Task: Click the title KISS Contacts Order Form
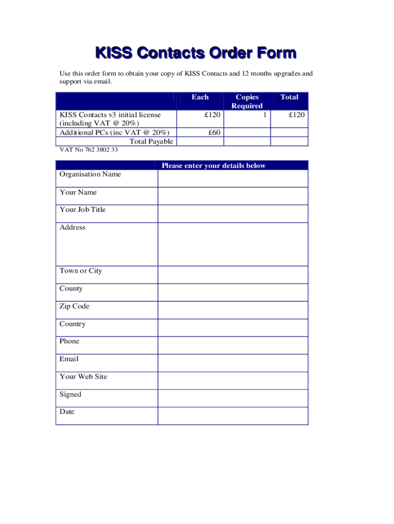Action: [x=196, y=53]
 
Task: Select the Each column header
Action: [x=200, y=97]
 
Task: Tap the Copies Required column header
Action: [x=247, y=101]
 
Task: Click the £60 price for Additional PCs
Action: [x=213, y=133]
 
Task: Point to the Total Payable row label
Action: [x=151, y=141]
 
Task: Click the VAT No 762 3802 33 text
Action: [x=89, y=150]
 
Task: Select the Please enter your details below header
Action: [x=213, y=165]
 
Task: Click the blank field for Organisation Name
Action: [x=233, y=179]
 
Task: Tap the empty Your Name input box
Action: [x=233, y=196]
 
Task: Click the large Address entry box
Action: [x=233, y=244]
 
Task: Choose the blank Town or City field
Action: [x=233, y=275]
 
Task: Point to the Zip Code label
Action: [x=74, y=306]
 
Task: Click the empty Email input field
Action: [x=233, y=363]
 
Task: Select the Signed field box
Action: [x=233, y=398]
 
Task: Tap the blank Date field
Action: [x=233, y=416]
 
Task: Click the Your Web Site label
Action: [x=83, y=377]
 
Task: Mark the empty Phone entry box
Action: [x=233, y=345]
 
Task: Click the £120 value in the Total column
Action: [x=296, y=115]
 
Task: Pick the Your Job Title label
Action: [x=82, y=210]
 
